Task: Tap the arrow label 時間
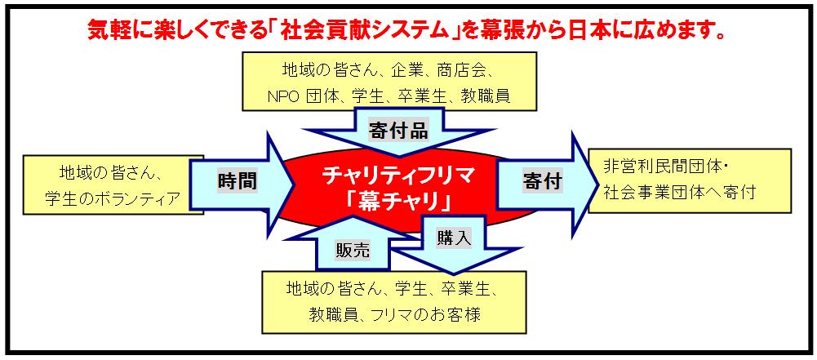[x=237, y=181]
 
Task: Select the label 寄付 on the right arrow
[x=542, y=181]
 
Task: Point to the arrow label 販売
[x=353, y=251]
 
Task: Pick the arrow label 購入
[x=454, y=238]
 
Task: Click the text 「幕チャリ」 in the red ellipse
[x=398, y=201]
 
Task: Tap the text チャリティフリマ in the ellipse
[x=398, y=176]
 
